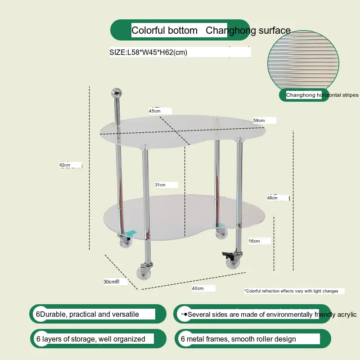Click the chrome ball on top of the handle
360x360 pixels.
tap(117, 93)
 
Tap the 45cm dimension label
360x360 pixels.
tap(154, 111)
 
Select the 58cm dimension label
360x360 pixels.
tap(259, 121)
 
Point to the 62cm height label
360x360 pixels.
tap(65, 165)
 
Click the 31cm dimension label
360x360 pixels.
tap(160, 185)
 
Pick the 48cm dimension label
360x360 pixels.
tap(272, 198)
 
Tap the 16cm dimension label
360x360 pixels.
tap(254, 241)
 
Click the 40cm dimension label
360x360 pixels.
tap(198, 288)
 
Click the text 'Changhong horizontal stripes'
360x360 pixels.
tap(322, 95)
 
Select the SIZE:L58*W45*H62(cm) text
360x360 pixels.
tap(148, 52)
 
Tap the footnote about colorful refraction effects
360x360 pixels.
tap(291, 291)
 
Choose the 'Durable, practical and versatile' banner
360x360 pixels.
tap(98, 314)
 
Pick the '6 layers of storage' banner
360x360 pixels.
tap(98, 339)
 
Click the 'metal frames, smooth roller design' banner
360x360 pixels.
tap(252, 339)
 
